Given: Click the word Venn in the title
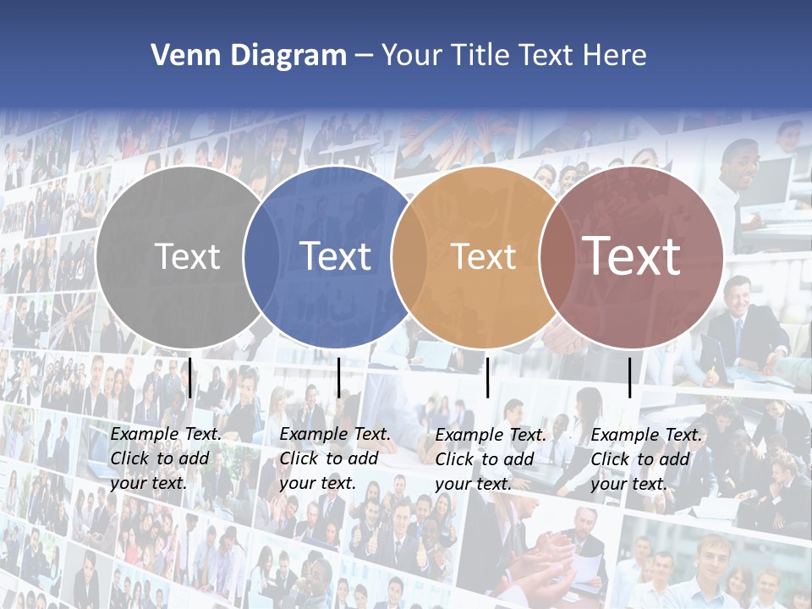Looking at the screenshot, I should [x=180, y=56].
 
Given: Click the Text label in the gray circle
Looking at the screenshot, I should [x=187, y=256].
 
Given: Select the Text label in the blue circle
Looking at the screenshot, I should [x=336, y=256].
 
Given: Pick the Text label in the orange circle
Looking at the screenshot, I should [x=484, y=256].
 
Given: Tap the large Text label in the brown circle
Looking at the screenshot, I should [x=632, y=256].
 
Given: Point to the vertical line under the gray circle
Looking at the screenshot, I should [x=190, y=377].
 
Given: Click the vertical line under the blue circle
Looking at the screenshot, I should [x=338, y=377].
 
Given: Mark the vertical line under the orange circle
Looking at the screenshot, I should [x=488, y=377].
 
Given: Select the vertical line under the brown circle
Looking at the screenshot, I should [x=629, y=377].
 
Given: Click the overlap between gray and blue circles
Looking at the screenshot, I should [x=261, y=256].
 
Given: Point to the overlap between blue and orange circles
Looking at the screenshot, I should [x=409, y=256].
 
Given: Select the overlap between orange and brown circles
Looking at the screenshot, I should [x=557, y=256].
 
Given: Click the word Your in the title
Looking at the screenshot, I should [x=413, y=56].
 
